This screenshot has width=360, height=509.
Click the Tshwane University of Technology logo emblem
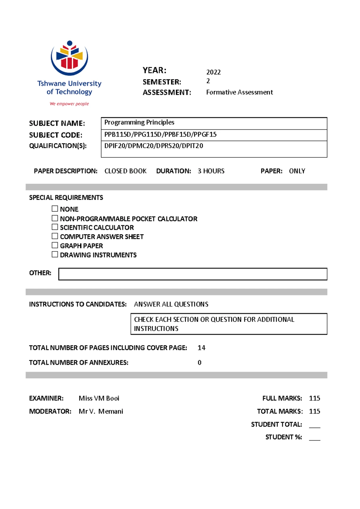pyautogui.click(x=69, y=58)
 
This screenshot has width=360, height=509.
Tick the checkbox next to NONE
pyautogui.click(x=55, y=209)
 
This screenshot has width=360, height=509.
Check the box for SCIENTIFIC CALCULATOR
pyautogui.click(x=55, y=227)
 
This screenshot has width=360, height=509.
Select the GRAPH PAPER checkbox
pyautogui.click(x=55, y=245)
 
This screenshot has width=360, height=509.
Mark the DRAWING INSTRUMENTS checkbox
pyautogui.click(x=55, y=254)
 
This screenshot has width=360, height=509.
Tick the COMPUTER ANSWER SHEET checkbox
pyautogui.click(x=55, y=236)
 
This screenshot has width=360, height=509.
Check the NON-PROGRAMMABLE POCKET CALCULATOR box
pyautogui.click(x=55, y=218)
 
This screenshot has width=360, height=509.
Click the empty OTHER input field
pyautogui.click(x=193, y=274)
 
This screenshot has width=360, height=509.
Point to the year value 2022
pyautogui.click(x=213, y=72)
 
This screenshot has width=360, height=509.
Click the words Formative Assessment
pyautogui.click(x=239, y=92)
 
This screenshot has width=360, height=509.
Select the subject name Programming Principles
pyautogui.click(x=139, y=122)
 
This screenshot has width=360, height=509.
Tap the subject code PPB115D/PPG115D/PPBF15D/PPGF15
pyautogui.click(x=160, y=134)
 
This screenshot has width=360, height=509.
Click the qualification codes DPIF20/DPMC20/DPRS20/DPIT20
pyautogui.click(x=154, y=146)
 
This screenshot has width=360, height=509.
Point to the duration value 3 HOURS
pyautogui.click(x=211, y=171)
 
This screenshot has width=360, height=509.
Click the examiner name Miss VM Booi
pyautogui.click(x=99, y=398)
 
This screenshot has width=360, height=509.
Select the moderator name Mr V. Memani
pyautogui.click(x=101, y=411)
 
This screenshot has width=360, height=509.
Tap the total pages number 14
pyautogui.click(x=201, y=348)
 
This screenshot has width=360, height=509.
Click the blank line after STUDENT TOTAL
pyautogui.click(x=314, y=426)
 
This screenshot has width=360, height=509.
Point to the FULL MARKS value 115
pyautogui.click(x=314, y=398)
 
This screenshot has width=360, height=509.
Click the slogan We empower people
pyautogui.click(x=69, y=104)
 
